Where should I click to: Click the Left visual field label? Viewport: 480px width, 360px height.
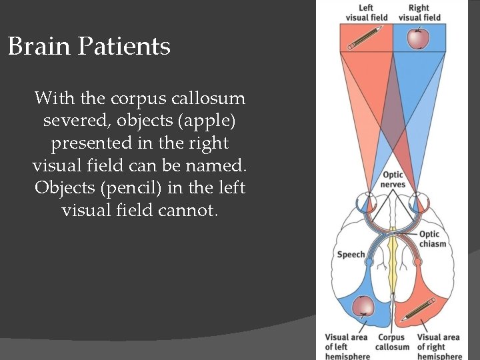coord(367,13)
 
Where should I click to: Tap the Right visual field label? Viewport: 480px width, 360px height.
coord(419,13)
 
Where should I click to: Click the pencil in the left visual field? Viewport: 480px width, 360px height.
coord(365,38)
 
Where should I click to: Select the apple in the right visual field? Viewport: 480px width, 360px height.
coord(418,39)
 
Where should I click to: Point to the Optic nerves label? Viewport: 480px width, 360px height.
coord(393,179)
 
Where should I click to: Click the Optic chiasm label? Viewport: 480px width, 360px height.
coord(433,239)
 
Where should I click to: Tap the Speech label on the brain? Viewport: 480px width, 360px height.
coord(351,254)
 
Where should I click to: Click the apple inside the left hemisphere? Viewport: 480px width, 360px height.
coord(364,305)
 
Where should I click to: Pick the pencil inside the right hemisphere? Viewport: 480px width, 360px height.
coord(419,309)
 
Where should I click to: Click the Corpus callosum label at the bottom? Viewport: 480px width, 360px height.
coord(392,342)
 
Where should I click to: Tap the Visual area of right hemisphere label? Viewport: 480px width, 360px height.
coord(439,347)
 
